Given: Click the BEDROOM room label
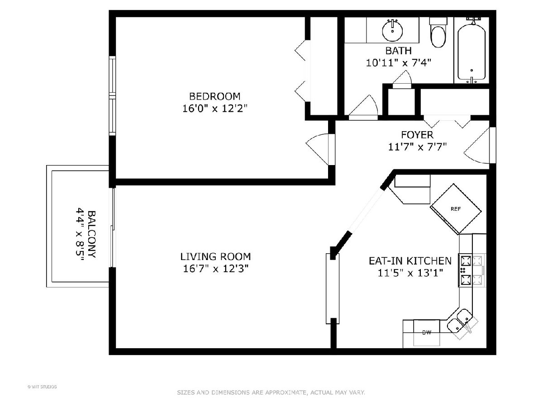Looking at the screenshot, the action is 214,96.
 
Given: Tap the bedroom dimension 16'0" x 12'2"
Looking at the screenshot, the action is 215,109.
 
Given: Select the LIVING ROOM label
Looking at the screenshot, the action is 215,256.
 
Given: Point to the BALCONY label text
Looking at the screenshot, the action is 92,234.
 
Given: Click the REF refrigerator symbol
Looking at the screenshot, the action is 456,209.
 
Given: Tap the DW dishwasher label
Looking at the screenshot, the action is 427,333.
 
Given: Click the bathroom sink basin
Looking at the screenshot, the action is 392,30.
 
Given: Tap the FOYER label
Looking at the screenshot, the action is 417,135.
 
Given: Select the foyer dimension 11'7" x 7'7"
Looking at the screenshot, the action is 417,147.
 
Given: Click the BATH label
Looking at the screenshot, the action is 398,51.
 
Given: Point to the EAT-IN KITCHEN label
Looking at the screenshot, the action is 410,261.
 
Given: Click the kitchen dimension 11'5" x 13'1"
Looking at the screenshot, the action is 410,273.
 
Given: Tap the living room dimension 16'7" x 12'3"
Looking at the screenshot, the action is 215,269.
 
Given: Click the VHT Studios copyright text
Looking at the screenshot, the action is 42,387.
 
